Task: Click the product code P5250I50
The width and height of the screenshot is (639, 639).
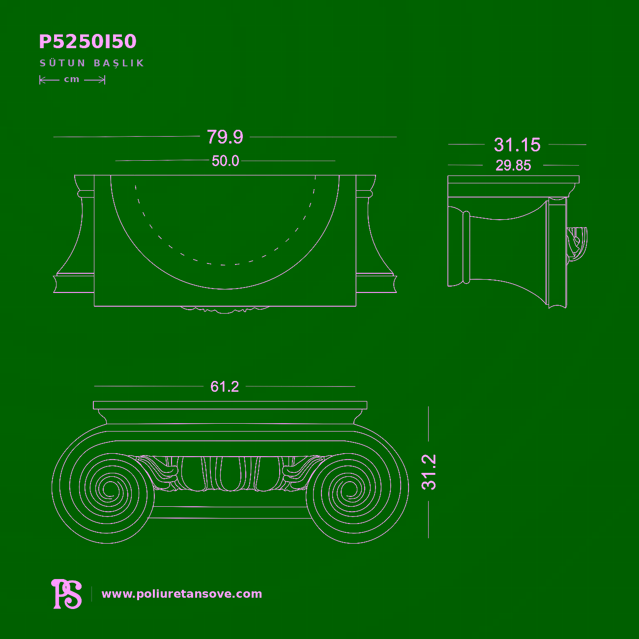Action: [x=87, y=41]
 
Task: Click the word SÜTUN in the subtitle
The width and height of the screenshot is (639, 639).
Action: [x=63, y=63]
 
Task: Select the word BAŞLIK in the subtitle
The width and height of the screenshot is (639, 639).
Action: [x=119, y=63]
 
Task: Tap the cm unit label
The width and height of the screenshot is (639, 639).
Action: [x=72, y=79]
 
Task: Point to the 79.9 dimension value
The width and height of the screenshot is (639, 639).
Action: [x=225, y=137]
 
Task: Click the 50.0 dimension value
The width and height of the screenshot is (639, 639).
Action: [x=225, y=161]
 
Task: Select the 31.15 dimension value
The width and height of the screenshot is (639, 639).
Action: [x=517, y=145]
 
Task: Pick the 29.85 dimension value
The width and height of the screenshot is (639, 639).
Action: [x=513, y=165]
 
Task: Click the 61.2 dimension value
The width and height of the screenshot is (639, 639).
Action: [x=225, y=387]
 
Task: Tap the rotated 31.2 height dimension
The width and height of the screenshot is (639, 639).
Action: [x=429, y=472]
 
